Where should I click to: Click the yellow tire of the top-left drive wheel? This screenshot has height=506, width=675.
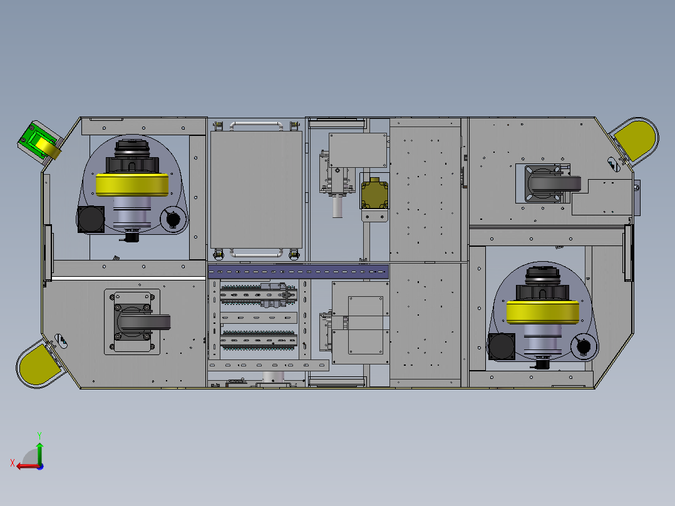pos(133,184)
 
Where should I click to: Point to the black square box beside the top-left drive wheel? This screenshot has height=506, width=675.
pos(91,219)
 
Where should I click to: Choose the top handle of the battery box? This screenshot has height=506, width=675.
pos(255,125)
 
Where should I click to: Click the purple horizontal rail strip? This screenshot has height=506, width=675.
pos(299,271)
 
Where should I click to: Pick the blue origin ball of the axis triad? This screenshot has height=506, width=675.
pos(40,466)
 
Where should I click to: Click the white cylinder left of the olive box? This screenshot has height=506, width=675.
pos(337,206)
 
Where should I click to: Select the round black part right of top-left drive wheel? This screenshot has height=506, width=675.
pos(173,219)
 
